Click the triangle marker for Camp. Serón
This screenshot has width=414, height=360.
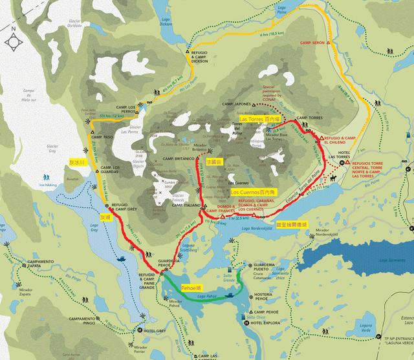(328, 42)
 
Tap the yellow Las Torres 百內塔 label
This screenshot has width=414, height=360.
(259, 119)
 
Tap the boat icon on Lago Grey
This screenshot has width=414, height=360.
(122, 257)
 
